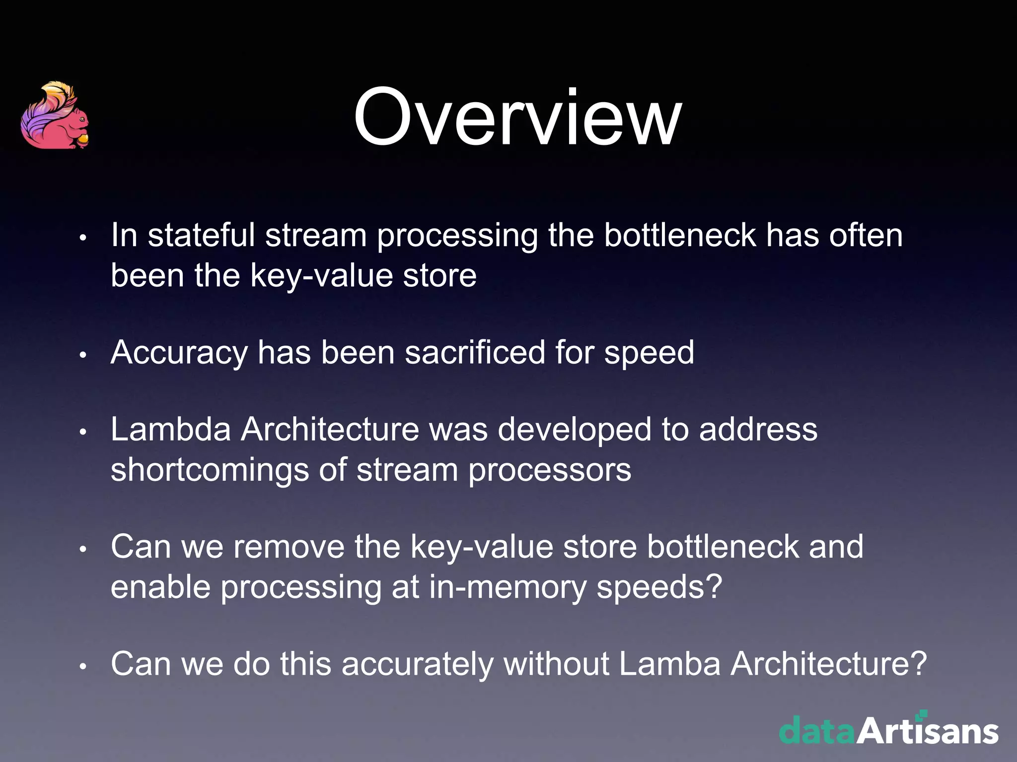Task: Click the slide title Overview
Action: click(x=517, y=118)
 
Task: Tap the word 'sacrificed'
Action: click(x=475, y=352)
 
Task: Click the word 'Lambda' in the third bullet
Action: click(x=171, y=429)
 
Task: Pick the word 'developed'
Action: click(x=574, y=430)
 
